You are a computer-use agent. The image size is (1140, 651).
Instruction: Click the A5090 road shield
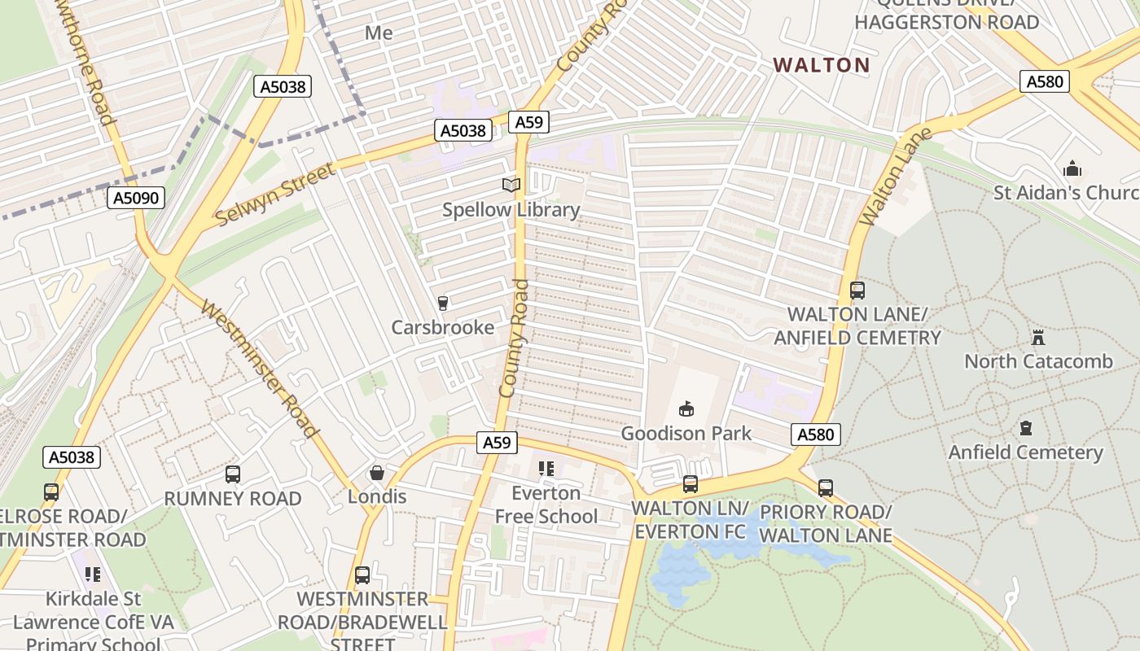click(136, 198)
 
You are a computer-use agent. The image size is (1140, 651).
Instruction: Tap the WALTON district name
click(821, 65)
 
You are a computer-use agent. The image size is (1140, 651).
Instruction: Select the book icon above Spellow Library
click(511, 186)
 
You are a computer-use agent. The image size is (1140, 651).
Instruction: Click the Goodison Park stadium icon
click(686, 409)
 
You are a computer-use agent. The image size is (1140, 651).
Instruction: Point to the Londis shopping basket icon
click(377, 473)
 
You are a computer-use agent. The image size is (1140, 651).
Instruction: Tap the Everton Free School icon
click(546, 469)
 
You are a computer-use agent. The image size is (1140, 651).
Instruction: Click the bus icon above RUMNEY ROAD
click(233, 474)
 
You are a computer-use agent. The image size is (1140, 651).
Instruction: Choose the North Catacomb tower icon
click(1038, 337)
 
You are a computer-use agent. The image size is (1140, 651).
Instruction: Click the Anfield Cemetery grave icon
click(1026, 428)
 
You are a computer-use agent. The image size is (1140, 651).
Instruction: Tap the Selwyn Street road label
click(275, 194)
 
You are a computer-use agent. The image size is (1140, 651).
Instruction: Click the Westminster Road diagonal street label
click(258, 369)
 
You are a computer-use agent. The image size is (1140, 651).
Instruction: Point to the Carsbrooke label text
click(442, 327)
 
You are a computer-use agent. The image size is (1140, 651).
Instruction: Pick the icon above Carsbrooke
click(443, 304)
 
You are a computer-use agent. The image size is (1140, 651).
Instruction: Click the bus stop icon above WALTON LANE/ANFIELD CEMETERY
click(857, 291)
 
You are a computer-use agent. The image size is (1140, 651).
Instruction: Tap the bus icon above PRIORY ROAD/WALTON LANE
click(826, 488)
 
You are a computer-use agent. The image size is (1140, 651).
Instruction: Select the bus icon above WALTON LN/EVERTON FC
click(691, 484)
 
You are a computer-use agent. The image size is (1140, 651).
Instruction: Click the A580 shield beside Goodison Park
click(815, 435)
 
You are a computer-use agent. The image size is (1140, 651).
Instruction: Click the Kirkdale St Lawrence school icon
click(93, 575)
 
